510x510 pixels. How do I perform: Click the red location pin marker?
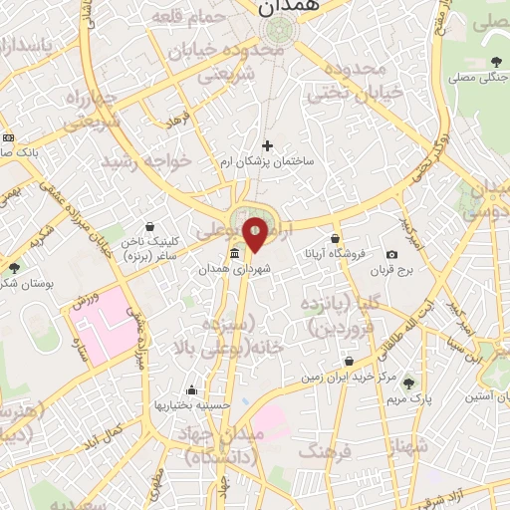pos(255,233)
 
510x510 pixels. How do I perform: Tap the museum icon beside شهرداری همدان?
pos(234,254)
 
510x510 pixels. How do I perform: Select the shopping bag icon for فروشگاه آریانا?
pos(336,239)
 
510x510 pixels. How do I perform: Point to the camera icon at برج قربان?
pos(392,255)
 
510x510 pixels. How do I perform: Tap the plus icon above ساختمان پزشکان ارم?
pos(267,146)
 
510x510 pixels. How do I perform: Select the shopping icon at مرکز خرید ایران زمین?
pos(349,362)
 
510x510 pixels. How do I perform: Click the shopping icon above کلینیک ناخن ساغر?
pos(149,227)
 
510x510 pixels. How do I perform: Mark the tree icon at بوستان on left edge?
pos(14,267)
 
